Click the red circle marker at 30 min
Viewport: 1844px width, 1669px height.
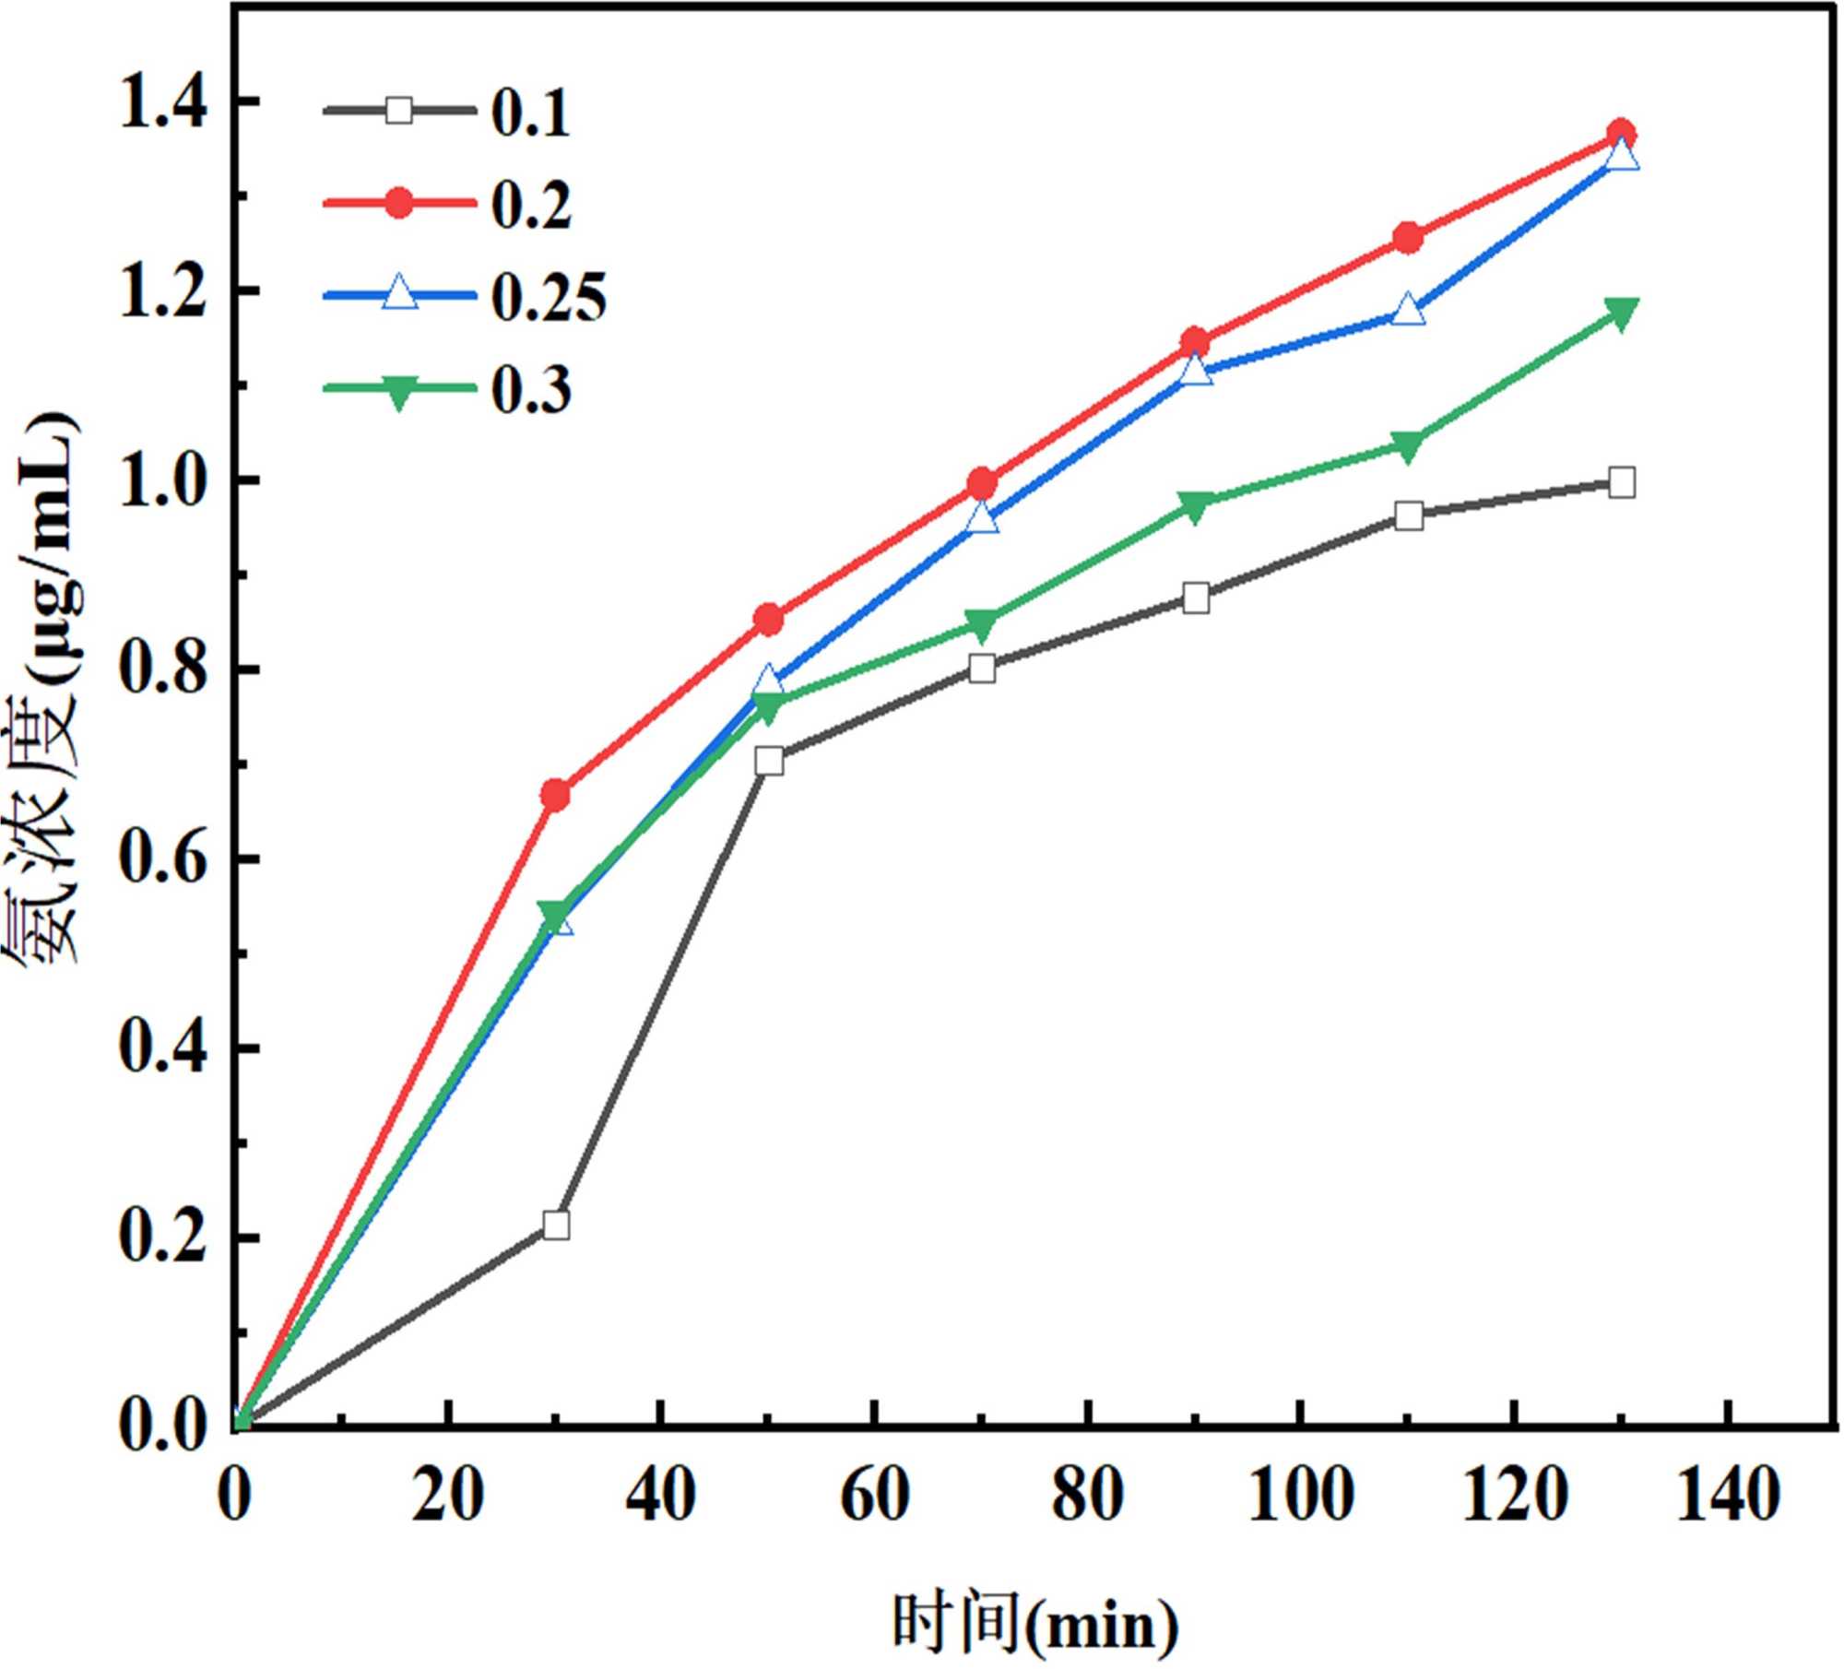pyautogui.click(x=555, y=794)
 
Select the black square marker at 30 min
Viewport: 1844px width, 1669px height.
pyautogui.click(x=556, y=1225)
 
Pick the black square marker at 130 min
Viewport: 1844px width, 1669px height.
pyautogui.click(x=1621, y=482)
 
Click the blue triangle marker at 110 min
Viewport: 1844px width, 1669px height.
pyautogui.click(x=1408, y=311)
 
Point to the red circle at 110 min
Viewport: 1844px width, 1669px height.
pyautogui.click(x=1408, y=238)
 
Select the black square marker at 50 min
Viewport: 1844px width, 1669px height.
pyautogui.click(x=769, y=761)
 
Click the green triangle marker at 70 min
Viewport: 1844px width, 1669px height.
pyautogui.click(x=982, y=625)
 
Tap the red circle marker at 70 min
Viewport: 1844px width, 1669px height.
pyautogui.click(x=982, y=482)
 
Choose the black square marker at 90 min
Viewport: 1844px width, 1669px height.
pyautogui.click(x=1196, y=598)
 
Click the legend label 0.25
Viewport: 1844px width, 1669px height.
pyautogui.click(x=549, y=297)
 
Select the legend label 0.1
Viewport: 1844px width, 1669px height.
pyautogui.click(x=530, y=112)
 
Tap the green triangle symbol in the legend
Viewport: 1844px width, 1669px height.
pyautogui.click(x=398, y=392)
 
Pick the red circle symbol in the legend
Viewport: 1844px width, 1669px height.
pyautogui.click(x=398, y=203)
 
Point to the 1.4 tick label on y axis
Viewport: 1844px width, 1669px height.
pyautogui.click(x=161, y=101)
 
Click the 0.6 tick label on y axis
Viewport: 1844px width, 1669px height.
pyautogui.click(x=161, y=859)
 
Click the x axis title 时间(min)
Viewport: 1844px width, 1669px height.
pyautogui.click(x=1035, y=1625)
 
